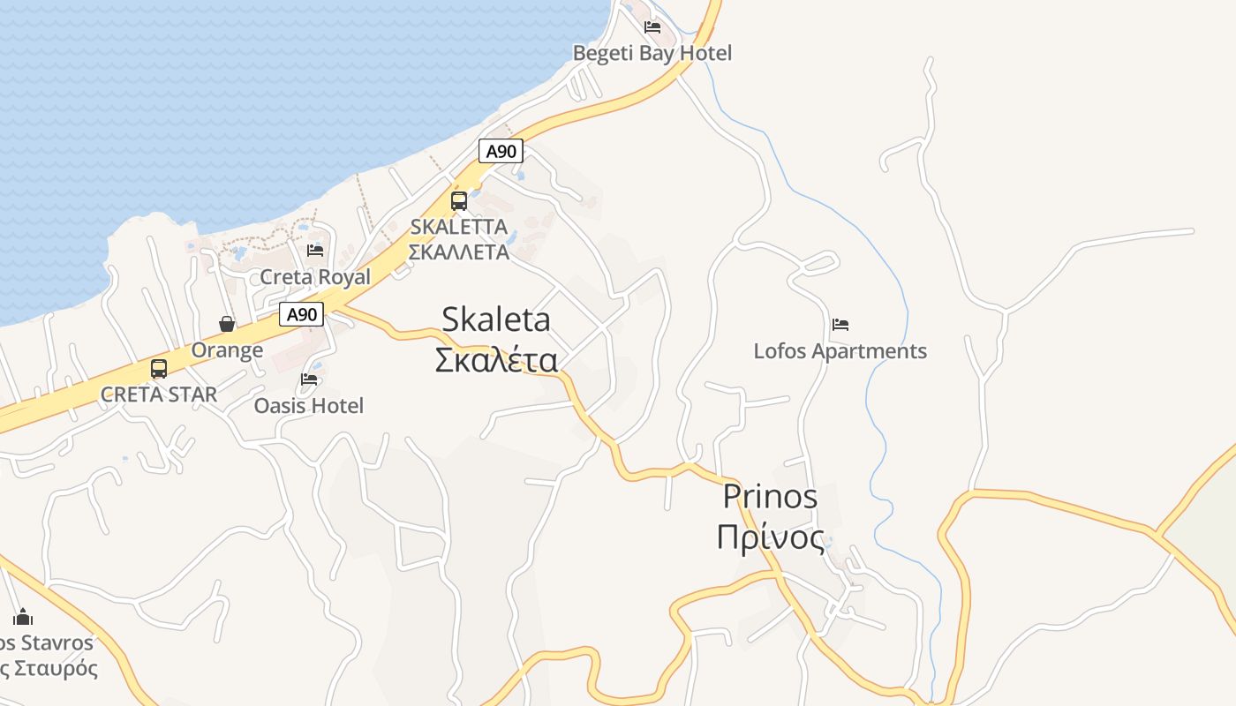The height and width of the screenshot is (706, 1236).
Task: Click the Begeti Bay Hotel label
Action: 652,53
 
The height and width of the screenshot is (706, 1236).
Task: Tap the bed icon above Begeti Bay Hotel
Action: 652,26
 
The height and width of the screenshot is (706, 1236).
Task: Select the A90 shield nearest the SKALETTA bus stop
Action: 501,151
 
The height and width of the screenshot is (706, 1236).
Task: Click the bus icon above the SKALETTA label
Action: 459,200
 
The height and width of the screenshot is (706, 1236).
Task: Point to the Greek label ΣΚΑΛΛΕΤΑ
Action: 459,252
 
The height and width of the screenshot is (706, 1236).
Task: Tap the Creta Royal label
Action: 315,277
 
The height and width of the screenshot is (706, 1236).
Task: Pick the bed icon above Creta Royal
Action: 315,251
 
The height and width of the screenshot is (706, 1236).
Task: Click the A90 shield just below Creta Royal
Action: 302,314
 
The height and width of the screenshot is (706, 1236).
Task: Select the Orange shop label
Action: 227,350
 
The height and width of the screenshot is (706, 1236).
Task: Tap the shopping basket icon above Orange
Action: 227,324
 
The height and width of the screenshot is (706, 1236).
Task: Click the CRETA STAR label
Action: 159,394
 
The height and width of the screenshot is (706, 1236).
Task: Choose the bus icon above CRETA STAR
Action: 159,368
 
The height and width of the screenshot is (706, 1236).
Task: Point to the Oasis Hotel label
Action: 309,406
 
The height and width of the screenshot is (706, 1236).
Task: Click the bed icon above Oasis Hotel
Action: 309,379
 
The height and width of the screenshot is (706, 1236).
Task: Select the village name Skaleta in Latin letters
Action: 496,319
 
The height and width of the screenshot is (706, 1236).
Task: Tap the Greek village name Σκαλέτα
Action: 496,360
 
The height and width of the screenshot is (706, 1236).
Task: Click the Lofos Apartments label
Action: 840,351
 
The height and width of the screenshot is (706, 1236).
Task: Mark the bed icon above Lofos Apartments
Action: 840,325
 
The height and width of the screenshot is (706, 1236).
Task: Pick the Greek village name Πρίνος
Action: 771,537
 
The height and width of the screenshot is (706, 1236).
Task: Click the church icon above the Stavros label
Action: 23,617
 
